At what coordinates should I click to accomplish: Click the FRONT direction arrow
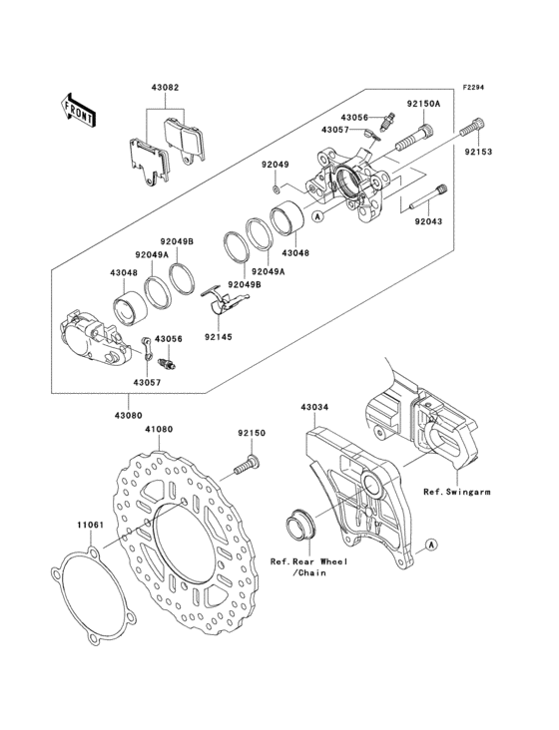click(78, 111)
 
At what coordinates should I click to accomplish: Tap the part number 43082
click(165, 87)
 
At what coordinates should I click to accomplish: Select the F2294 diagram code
click(472, 87)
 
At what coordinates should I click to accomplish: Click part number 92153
click(477, 152)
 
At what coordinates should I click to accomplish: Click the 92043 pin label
click(428, 221)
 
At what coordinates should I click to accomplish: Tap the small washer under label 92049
click(276, 188)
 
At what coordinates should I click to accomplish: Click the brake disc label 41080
click(159, 429)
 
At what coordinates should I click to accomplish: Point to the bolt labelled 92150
click(247, 465)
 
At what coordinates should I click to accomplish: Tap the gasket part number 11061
click(91, 525)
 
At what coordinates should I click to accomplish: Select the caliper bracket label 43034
click(314, 407)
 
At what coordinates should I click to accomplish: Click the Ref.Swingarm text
click(457, 492)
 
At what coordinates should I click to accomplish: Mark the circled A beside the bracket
click(432, 544)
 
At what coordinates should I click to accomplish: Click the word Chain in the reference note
click(311, 572)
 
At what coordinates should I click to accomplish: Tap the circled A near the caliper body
click(317, 216)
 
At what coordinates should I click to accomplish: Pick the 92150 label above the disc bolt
click(252, 433)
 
